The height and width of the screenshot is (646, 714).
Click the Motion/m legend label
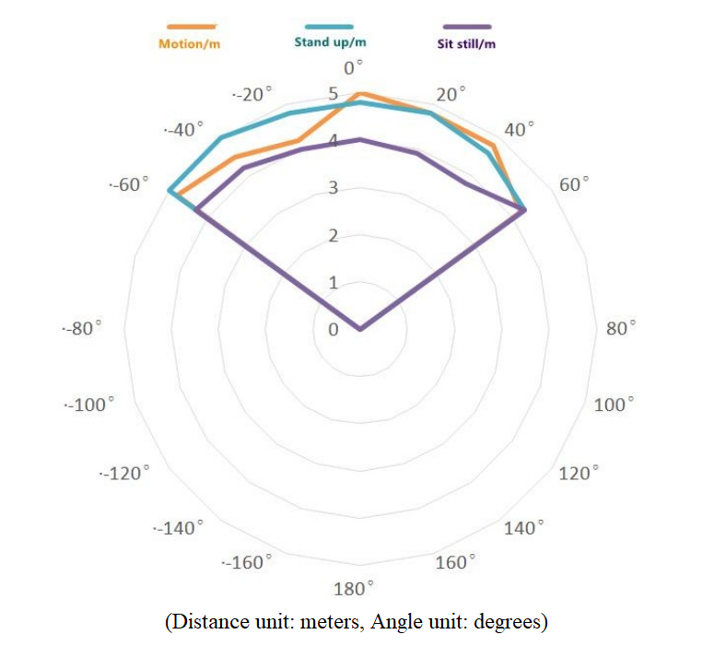tap(190, 43)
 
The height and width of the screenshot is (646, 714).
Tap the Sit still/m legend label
tap(464, 43)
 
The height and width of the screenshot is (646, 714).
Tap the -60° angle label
tap(128, 184)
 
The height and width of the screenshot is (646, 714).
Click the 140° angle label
tap(526, 528)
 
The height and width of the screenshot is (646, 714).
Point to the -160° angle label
tap(248, 561)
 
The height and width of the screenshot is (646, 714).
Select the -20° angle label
tap(253, 95)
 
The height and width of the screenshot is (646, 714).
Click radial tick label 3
tap(334, 189)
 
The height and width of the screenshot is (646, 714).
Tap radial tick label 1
tap(334, 283)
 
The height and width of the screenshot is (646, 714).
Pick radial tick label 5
tap(334, 94)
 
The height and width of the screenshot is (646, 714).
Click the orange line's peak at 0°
tap(359, 93)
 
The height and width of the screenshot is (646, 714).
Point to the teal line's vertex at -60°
tap(169, 191)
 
